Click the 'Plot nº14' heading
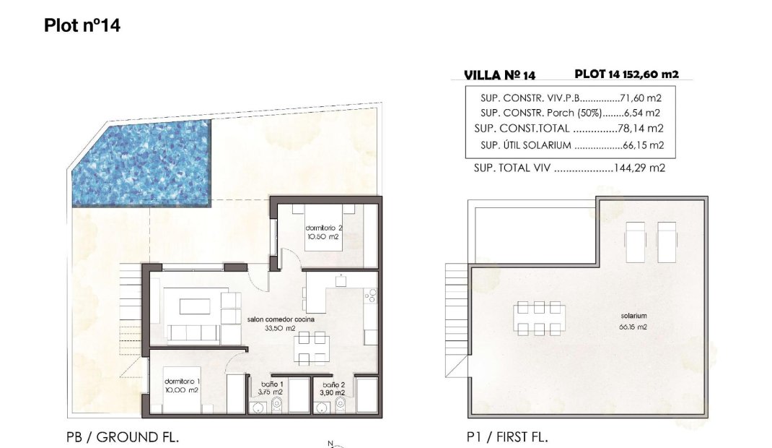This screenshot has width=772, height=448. (x=82, y=26)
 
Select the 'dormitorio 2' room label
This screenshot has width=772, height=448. (x=323, y=232)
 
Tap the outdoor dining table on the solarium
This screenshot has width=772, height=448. (x=540, y=319)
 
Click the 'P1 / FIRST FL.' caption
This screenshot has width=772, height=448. (x=507, y=437)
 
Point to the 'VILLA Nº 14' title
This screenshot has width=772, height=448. (x=499, y=74)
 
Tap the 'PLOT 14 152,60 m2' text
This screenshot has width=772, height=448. (x=626, y=74)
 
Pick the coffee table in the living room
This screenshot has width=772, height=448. (x=192, y=306)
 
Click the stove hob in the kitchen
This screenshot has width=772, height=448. (x=371, y=295)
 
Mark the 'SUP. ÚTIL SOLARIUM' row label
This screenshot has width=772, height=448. (x=525, y=145)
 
